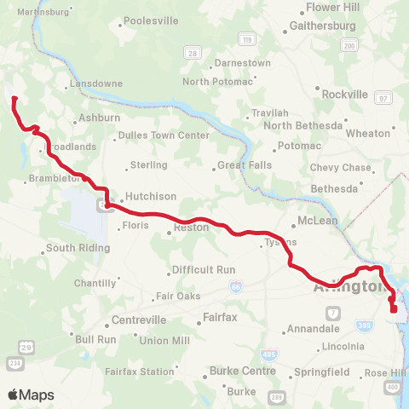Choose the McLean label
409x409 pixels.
318,221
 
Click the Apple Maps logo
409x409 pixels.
31,395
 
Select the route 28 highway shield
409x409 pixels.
193,53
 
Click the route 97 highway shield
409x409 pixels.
384,98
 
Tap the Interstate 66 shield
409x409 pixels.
234,288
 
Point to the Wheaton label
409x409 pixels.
368,133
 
